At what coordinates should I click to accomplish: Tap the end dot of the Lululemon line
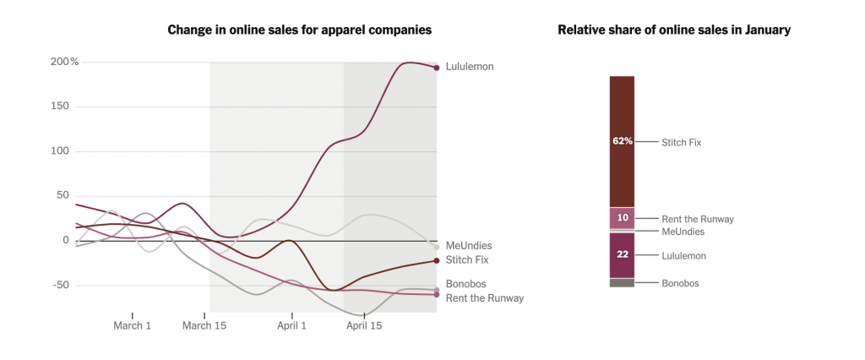coord(437,68)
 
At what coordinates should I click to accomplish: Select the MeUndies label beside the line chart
coord(468,246)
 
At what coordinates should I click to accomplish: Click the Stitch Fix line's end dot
coord(437,260)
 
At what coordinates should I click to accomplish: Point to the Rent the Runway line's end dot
coord(437,294)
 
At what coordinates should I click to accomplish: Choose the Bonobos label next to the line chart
coord(465,284)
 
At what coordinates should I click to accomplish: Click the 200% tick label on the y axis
coord(64,62)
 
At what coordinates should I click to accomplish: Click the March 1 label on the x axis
coord(133,325)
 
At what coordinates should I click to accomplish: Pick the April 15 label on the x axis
coord(364,325)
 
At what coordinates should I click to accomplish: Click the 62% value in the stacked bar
coord(623,141)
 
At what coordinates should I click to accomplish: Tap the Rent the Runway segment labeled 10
coord(623,218)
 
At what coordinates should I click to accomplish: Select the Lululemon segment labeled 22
coord(623,255)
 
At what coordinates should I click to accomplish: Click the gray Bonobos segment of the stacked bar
coord(623,283)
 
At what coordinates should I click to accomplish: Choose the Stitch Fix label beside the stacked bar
coord(681,142)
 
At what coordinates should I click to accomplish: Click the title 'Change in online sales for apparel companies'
coord(300,30)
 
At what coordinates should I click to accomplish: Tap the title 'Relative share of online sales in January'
coord(674,30)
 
